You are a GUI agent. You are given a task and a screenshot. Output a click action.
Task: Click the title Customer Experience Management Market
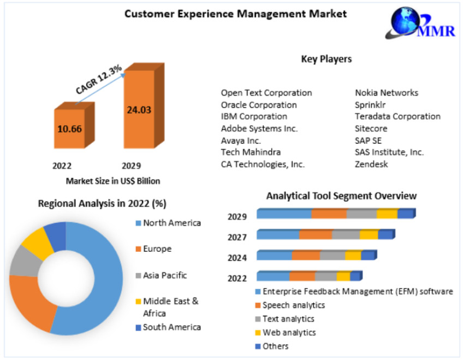coord(235,14)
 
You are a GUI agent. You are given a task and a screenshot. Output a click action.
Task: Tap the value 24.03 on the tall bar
coord(139,110)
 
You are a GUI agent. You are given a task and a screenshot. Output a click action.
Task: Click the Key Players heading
coord(326,59)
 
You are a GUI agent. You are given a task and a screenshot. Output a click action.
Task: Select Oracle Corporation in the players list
coord(259,105)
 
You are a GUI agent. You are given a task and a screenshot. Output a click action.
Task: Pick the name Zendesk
coord(371,164)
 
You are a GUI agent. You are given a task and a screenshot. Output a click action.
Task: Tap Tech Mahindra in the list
coord(251,152)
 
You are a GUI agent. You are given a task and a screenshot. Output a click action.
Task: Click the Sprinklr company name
coord(371,105)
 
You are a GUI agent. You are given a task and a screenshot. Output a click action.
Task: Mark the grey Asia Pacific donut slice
coord(23,261)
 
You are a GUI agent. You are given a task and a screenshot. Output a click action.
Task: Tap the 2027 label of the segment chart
coord(237,237)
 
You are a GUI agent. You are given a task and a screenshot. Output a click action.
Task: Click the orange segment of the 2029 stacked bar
coord(329,214)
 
